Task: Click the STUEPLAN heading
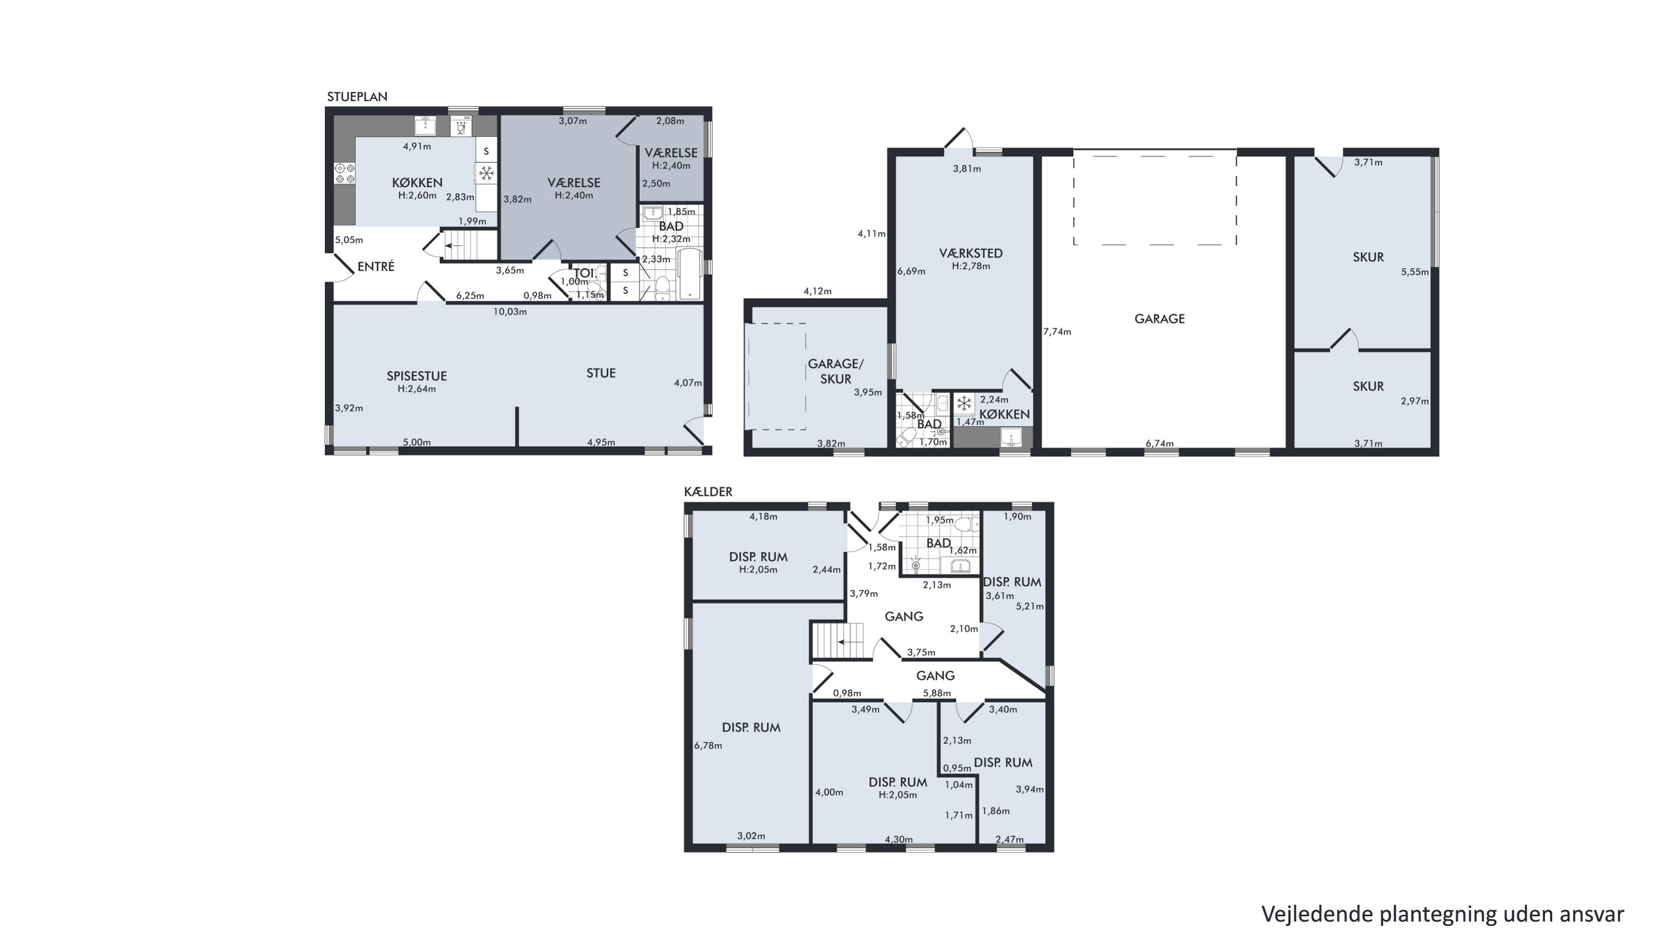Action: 357,97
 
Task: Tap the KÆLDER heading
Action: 708,492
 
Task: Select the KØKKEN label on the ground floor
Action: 417,183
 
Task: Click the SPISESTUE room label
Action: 417,376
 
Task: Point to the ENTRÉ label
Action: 376,266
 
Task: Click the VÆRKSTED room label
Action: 971,254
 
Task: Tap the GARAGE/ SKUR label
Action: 836,371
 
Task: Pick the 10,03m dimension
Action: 510,312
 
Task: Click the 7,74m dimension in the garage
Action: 1057,332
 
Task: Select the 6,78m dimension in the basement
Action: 708,745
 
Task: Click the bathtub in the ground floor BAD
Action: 690,274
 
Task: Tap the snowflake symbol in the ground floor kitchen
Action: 486,174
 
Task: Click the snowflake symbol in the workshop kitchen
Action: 964,403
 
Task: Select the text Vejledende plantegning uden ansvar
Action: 1443,914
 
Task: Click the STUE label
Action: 601,373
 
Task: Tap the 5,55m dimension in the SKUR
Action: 1415,272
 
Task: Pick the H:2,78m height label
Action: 971,266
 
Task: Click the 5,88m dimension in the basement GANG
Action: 937,694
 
